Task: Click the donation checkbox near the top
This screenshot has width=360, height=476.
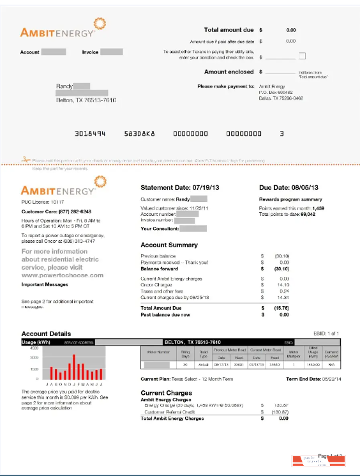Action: click(x=303, y=56)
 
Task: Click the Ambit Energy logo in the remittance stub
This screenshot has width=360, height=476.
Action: click(x=59, y=30)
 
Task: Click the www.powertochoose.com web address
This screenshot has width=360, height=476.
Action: click(x=63, y=275)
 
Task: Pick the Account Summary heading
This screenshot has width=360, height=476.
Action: click(x=169, y=245)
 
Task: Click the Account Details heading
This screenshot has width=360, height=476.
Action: click(x=46, y=334)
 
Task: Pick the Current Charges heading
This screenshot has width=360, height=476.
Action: click(x=166, y=393)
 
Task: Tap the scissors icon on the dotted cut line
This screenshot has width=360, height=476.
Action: click(x=26, y=159)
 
